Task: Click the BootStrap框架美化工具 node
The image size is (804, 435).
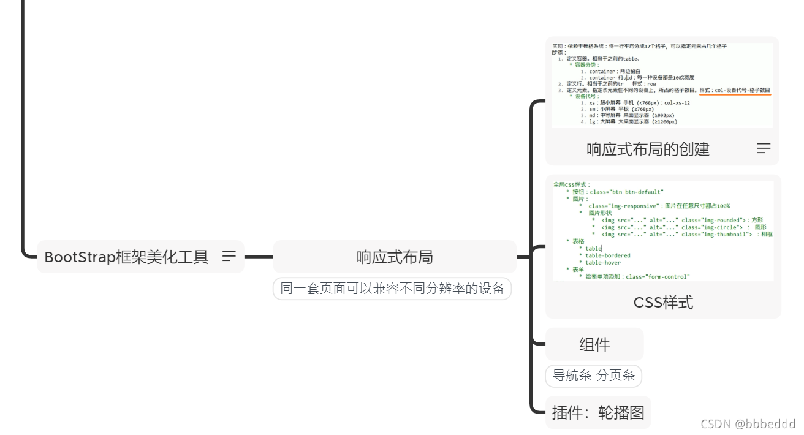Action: tap(126, 257)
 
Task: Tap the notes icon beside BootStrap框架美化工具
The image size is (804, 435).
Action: tap(229, 256)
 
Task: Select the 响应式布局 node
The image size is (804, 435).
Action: tap(395, 257)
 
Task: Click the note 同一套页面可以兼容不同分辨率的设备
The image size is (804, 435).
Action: tap(392, 289)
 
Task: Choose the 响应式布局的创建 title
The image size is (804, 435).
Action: tap(648, 149)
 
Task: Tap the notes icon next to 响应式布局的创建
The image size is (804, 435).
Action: tap(764, 148)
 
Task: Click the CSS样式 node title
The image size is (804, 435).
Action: tap(663, 302)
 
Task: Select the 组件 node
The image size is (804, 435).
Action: tap(594, 344)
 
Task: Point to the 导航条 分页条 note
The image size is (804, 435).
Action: tap(593, 376)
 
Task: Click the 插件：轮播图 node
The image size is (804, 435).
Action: tap(597, 412)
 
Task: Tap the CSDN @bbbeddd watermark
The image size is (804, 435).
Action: tap(748, 424)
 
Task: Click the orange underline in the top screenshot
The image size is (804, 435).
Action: tap(735, 95)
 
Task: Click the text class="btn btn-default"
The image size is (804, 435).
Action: tap(626, 192)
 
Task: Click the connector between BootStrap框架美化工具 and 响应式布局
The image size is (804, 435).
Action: tap(258, 257)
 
